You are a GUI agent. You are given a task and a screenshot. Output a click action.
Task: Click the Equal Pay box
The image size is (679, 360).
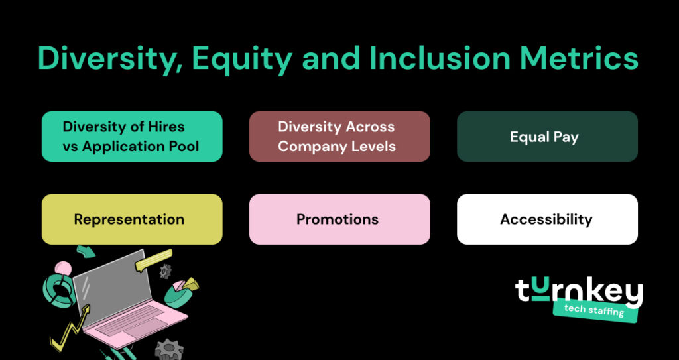pyautogui.click(x=546, y=137)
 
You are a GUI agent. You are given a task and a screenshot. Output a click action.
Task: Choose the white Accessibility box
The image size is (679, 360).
pyautogui.click(x=546, y=219)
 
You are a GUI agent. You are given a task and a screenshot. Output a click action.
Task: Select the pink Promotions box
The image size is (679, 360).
pyautogui.click(x=339, y=219)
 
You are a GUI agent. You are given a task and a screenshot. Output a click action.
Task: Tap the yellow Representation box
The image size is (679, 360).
pyautogui.click(x=131, y=219)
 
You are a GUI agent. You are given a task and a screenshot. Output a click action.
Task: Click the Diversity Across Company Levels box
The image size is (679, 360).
pyautogui.click(x=339, y=137)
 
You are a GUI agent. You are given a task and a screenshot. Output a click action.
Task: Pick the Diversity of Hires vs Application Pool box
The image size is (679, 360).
pyautogui.click(x=131, y=137)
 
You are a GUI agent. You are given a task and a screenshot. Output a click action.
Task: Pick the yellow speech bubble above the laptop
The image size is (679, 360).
pyautogui.click(x=153, y=260)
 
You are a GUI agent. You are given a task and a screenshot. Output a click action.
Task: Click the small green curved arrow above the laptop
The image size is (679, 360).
pyautogui.click(x=86, y=251)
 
